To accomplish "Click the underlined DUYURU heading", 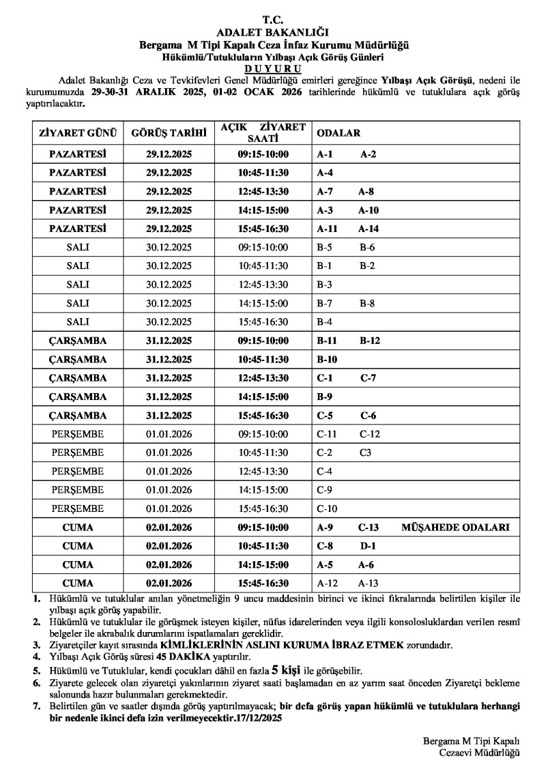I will pos(272,69).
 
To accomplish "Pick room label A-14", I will pos(369,229).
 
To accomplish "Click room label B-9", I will pos(324,396).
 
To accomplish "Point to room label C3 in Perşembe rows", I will pos(366,453).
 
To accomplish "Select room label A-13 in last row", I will pos(368,583).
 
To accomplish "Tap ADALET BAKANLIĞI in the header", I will pos(272,31).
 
